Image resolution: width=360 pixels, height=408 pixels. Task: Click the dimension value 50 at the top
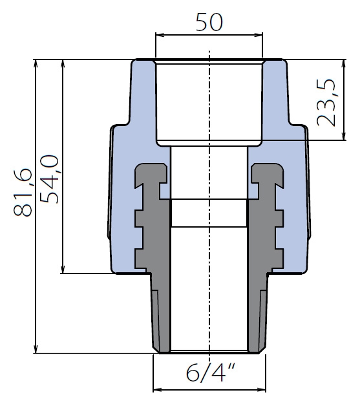[209, 22]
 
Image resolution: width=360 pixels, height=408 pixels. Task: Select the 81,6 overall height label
[23, 192]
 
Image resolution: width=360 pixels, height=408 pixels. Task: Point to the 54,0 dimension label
[49, 179]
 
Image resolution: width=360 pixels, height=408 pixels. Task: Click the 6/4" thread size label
[210, 372]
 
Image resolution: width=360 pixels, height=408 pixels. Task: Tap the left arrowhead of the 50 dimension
[159, 35]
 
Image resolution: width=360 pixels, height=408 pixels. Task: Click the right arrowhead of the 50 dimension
[259, 35]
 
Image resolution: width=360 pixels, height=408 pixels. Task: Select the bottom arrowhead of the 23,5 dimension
[344, 136]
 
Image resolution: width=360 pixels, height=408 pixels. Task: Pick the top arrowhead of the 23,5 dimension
[344, 64]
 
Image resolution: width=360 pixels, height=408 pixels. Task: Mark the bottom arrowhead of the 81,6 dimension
[36, 349]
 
